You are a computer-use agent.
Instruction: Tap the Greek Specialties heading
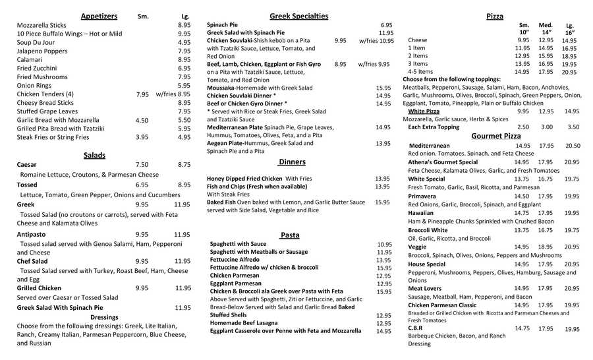[298, 16]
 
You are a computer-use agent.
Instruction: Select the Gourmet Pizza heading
[495, 136]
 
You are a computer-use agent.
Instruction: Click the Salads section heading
[94, 155]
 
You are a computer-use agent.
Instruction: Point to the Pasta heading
[289, 235]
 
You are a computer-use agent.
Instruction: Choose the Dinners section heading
[292, 162]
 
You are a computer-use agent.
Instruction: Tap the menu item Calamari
[30, 59]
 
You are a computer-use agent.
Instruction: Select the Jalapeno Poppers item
[42, 51]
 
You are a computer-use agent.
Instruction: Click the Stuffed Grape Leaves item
[47, 111]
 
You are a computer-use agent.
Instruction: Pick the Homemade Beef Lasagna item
[245, 323]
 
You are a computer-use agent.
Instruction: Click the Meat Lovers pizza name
[425, 288]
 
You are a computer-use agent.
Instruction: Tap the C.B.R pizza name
[415, 328]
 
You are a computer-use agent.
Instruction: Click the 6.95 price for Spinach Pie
[386, 24]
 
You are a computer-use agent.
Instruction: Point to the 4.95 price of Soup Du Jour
[184, 42]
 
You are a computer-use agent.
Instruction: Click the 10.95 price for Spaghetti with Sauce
[384, 244]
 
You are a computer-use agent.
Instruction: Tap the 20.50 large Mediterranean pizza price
[572, 146]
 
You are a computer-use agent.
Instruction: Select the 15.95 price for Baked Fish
[382, 202]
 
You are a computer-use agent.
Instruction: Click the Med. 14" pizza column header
[546, 28]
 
